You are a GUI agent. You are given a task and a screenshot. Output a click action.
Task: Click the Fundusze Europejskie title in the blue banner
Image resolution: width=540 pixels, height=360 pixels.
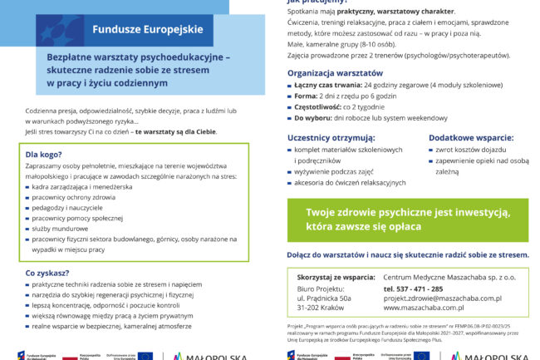tap(147, 29)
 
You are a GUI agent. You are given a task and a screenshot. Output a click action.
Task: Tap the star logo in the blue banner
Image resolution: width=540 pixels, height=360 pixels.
tap(59, 29)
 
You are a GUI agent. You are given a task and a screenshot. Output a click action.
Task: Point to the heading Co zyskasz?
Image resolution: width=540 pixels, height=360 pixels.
tap(47, 272)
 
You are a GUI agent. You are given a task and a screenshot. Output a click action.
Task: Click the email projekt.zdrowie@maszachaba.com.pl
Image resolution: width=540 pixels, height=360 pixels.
tap(442, 298)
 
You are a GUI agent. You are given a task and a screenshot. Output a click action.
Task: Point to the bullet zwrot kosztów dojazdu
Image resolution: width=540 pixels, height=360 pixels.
tap(469, 150)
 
